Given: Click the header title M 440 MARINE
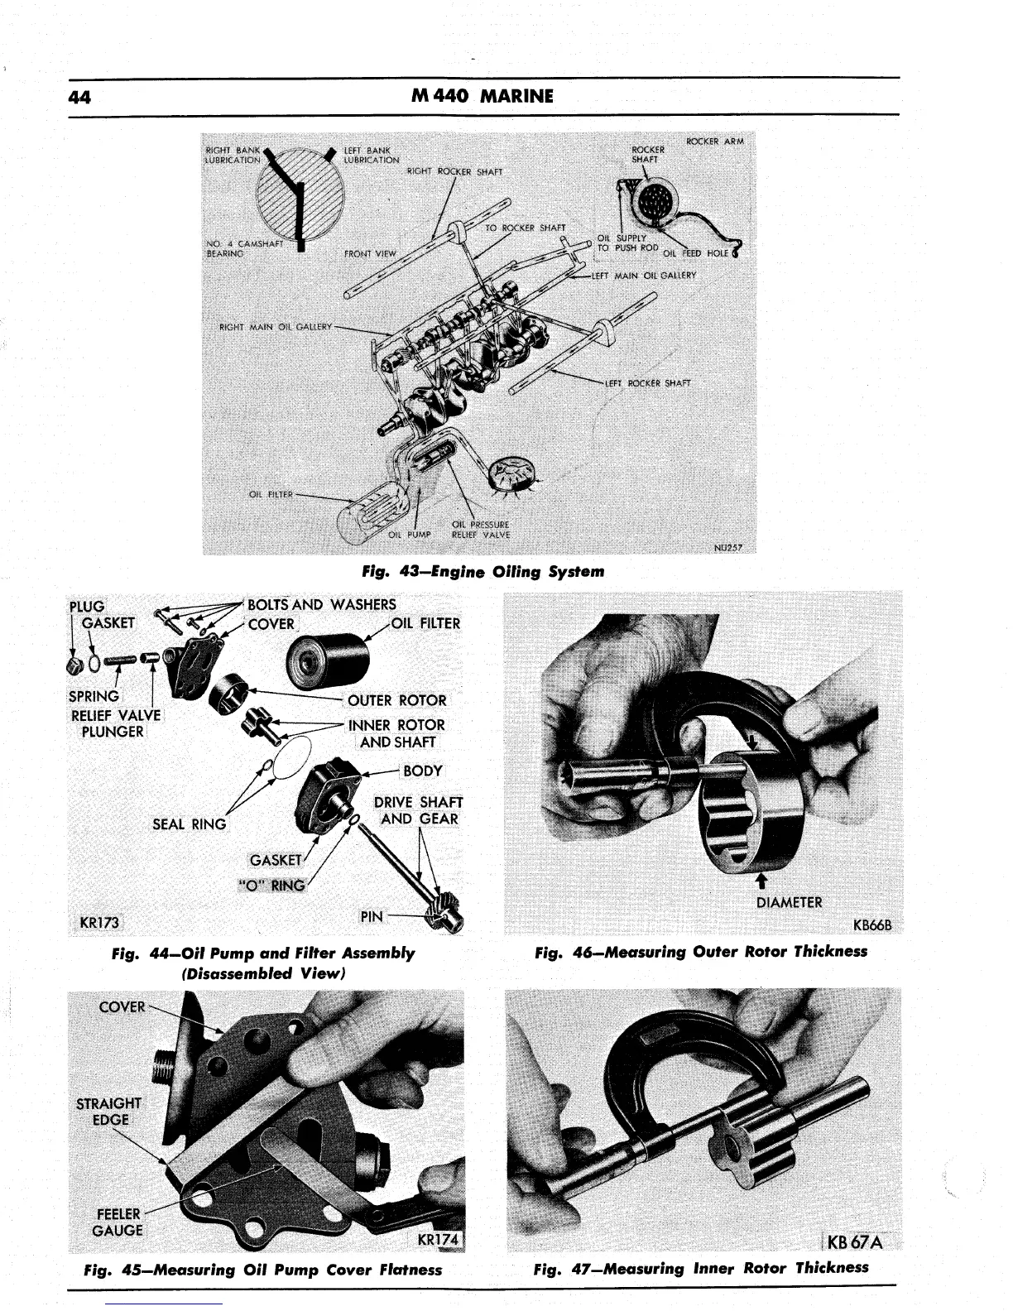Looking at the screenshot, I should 482,96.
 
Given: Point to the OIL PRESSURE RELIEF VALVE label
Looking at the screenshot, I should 480,530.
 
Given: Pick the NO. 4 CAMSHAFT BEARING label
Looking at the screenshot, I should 234,248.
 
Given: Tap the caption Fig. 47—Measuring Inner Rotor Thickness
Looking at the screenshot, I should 701,1268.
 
